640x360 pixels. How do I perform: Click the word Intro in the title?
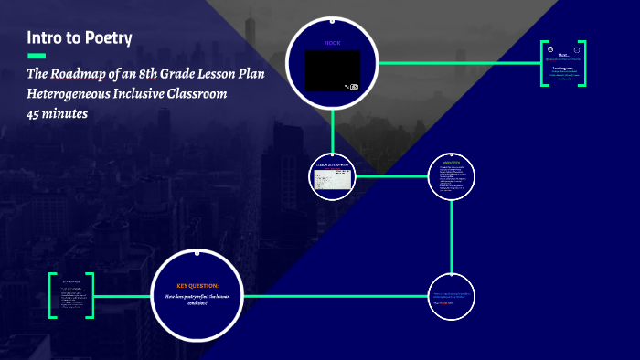point(42,38)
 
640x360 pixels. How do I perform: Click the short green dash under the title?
point(37,56)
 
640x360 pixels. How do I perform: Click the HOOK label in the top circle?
point(332,43)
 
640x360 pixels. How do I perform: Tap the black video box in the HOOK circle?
point(332,70)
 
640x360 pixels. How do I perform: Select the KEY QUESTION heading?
point(197,285)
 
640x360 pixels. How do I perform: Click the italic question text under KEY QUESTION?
point(197,299)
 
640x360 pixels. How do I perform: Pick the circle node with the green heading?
point(452,175)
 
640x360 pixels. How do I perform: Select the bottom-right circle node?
point(452,296)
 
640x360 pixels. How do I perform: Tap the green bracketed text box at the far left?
point(71,295)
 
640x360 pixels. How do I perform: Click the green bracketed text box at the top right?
point(563,63)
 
